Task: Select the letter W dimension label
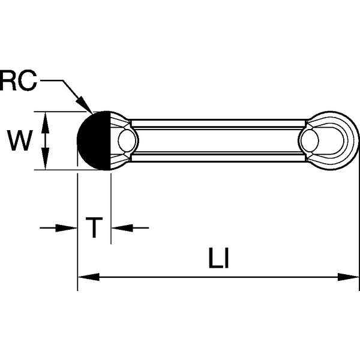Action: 19,141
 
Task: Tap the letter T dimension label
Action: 94,228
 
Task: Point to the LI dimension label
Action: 220,259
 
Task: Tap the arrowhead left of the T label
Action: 68,228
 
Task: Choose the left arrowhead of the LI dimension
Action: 88,277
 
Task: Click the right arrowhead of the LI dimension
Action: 349,277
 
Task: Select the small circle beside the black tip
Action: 127,141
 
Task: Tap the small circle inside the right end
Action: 310,141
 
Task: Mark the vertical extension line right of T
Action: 111,210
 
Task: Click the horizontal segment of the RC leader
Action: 52,79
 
